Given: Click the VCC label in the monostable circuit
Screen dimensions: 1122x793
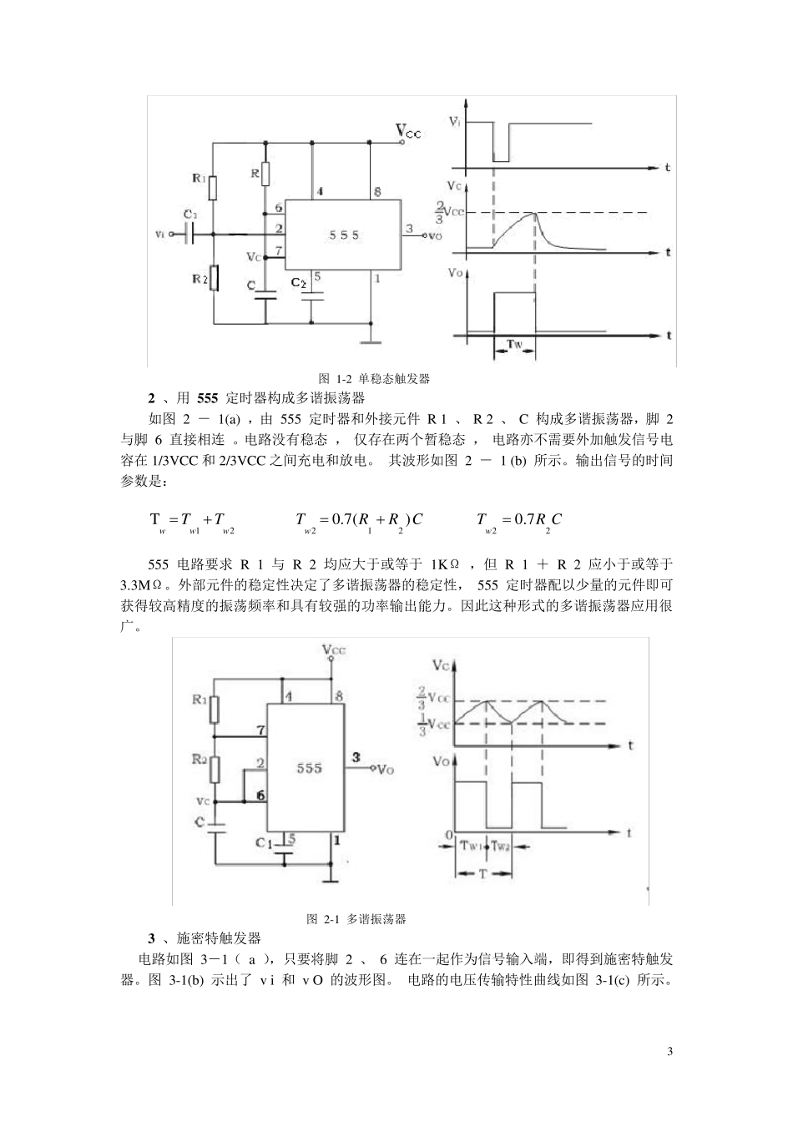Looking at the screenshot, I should (408, 131).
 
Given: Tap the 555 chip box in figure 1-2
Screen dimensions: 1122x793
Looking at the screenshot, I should (343, 235).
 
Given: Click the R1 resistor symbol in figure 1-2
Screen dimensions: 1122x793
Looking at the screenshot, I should (214, 188).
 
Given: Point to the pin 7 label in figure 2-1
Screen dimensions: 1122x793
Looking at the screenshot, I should (261, 730).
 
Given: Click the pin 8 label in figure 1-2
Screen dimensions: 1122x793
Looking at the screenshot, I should (377, 192).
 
